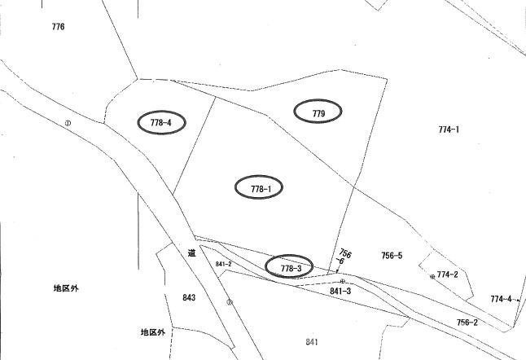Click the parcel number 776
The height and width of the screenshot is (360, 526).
58,27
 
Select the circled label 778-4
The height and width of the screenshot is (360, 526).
161,122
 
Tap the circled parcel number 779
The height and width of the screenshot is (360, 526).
318,112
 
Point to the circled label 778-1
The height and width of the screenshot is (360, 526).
259,187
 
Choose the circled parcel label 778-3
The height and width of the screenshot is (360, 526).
289,266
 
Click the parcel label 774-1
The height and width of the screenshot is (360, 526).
449,130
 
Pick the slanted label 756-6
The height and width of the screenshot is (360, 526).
343,257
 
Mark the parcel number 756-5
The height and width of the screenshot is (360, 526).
392,256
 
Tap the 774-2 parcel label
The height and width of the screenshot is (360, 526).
448,274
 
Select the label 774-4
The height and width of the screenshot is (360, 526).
502,299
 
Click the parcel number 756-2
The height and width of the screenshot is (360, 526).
467,323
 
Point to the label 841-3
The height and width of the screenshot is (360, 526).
340,292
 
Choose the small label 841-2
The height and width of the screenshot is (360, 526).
223,264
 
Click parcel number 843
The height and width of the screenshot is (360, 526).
189,297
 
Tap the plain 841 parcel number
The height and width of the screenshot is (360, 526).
312,342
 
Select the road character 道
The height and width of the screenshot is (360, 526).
191,252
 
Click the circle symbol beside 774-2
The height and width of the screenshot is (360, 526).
432,277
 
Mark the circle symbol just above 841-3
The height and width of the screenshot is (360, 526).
343,281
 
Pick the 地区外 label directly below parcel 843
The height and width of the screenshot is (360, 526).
153,332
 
